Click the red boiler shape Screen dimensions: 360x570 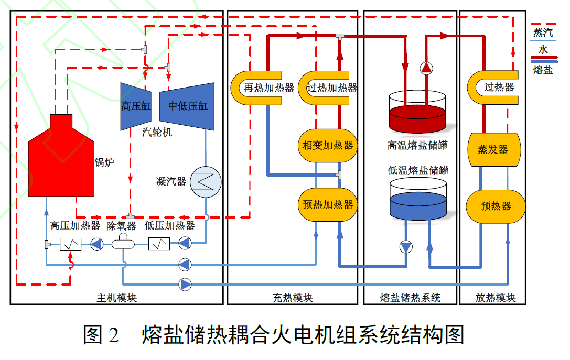coord(61,160)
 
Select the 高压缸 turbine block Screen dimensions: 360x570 coord(136,106)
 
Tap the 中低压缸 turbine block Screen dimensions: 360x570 coord(187,106)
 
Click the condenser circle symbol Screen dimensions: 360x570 coord(206,182)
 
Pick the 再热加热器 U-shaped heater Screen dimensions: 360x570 coord(262,88)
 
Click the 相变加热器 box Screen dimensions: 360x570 coord(328,145)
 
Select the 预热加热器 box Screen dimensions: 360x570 coord(328,204)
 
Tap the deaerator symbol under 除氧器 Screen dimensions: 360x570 coord(124,243)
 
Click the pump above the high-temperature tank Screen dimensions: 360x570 coord(426,68)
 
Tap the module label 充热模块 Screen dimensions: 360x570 coord(293,298)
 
